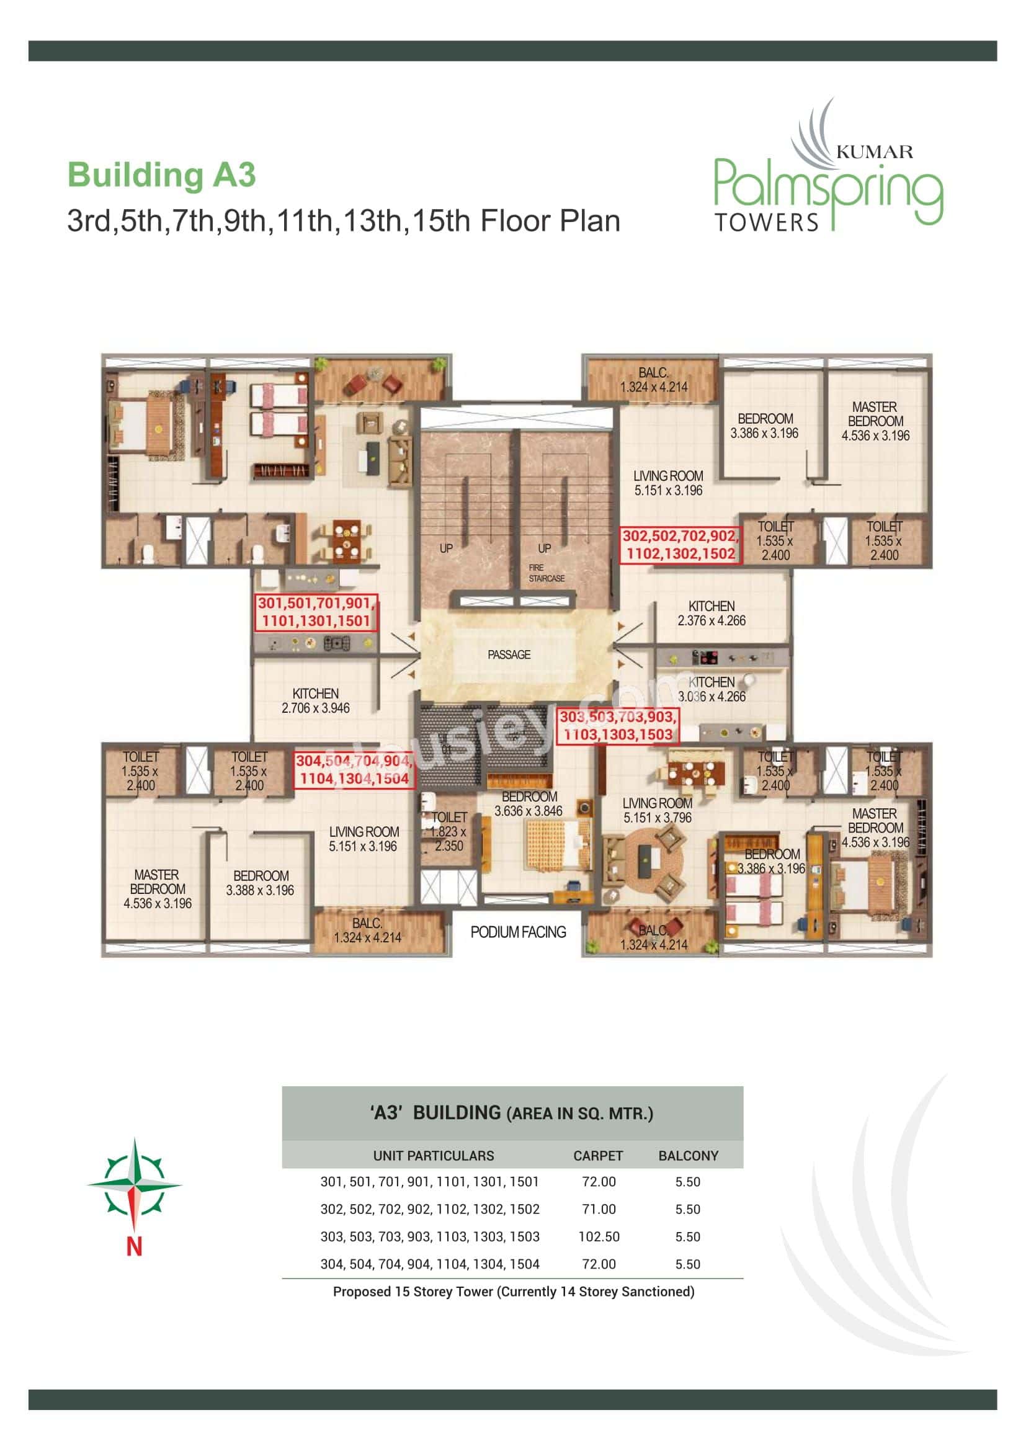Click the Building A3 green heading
coord(161,175)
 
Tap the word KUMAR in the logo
coord(874,151)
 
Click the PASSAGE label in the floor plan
coord(509,654)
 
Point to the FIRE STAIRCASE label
coord(546,573)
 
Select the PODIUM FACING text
coord(518,932)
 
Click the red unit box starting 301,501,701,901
coord(316,612)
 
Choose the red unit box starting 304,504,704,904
coord(354,770)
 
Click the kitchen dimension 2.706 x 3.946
coord(315,708)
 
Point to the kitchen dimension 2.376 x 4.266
coord(712,620)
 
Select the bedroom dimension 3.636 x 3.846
coord(528,811)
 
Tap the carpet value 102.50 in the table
coord(598,1237)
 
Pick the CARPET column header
coord(597,1156)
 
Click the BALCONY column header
coord(688,1156)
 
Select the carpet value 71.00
coord(598,1209)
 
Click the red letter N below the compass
coord(134,1246)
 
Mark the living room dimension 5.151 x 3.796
coord(657,818)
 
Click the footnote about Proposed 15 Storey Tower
coord(513,1292)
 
